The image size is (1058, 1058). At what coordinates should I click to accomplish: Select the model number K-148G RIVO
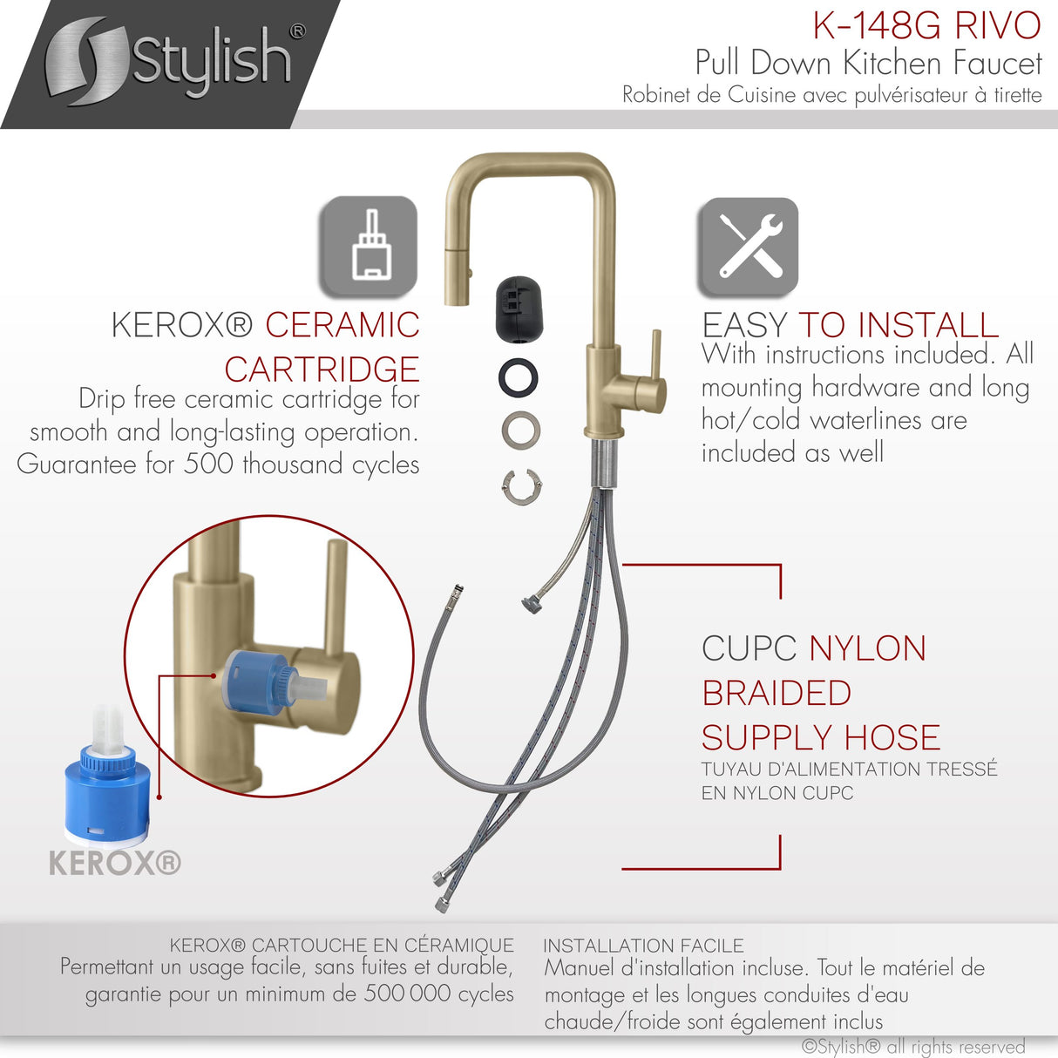click(926, 26)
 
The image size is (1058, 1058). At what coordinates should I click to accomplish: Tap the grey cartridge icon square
click(368, 246)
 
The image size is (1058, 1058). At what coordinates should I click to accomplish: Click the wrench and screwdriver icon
click(748, 247)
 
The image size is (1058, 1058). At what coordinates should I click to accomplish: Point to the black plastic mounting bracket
click(519, 309)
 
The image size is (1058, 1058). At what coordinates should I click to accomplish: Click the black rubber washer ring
click(519, 377)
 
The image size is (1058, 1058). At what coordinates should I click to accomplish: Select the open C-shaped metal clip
click(521, 485)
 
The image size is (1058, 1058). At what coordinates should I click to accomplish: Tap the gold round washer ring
click(521, 431)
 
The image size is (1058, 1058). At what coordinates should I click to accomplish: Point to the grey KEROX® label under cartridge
click(114, 864)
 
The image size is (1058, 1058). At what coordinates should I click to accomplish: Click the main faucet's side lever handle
click(655, 375)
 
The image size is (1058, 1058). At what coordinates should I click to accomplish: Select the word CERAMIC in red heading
click(342, 325)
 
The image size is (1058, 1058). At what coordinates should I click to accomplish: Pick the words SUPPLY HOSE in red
click(821, 738)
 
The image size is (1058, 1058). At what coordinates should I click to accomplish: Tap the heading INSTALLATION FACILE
click(643, 946)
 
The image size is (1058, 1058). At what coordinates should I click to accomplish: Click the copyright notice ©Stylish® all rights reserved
click(912, 1047)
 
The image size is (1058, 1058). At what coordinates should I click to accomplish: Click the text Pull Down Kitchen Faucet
click(868, 64)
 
